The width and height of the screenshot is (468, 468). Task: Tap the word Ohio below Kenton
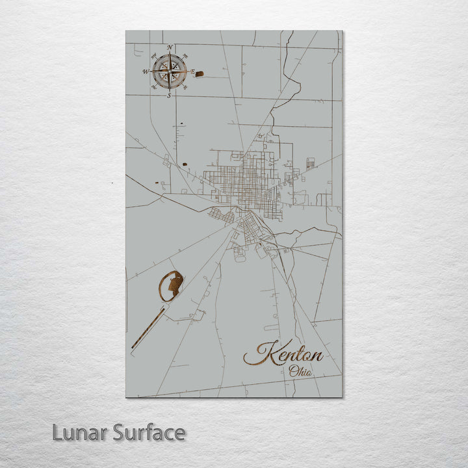tap(301, 372)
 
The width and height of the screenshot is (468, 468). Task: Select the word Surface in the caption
tap(149, 432)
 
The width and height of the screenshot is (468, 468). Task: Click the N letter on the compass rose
tap(170, 47)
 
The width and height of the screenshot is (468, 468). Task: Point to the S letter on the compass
tap(169, 96)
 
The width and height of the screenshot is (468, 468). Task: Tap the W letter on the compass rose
tap(146, 71)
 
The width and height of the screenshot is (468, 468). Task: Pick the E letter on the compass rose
tap(193, 72)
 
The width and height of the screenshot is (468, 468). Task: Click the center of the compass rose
tap(170, 71)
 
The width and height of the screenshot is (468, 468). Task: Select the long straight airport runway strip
tap(148, 330)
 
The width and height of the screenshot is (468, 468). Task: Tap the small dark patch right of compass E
tap(200, 74)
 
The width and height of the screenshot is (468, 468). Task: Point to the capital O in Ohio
tap(294, 371)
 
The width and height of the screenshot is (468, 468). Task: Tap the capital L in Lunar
tap(58, 432)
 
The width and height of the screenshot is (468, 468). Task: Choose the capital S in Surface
tap(118, 432)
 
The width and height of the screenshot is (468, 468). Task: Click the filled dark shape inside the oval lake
tap(174, 283)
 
